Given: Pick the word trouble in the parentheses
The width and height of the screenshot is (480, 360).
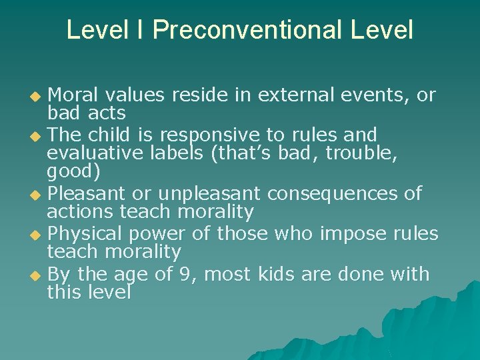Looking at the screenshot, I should point(359,153).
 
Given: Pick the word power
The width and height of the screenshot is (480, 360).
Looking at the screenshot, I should point(159,234).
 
